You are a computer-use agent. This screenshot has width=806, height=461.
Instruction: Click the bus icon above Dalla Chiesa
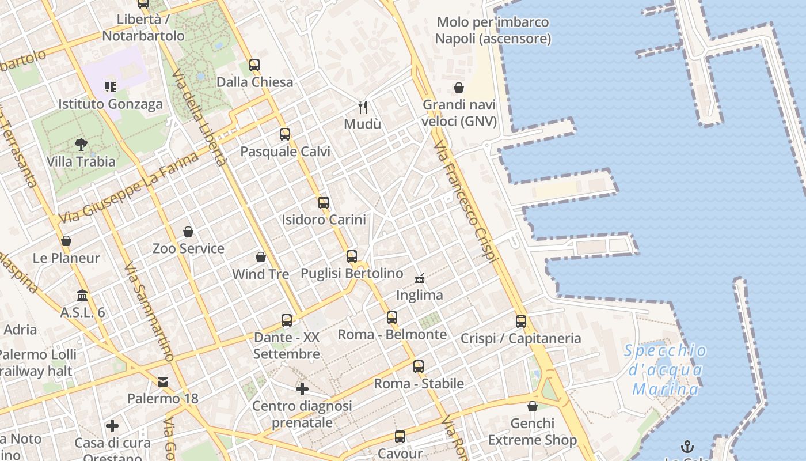254,65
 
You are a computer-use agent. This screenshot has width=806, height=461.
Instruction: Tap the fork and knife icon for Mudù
363,107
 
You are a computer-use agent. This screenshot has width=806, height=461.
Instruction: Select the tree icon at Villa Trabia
81,145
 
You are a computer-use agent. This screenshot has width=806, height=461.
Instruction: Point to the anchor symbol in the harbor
687,447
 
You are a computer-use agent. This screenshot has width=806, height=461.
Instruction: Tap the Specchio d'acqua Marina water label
666,370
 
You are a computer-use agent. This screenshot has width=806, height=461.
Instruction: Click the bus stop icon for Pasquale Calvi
285,134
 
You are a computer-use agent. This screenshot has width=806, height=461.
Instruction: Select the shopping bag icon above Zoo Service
188,232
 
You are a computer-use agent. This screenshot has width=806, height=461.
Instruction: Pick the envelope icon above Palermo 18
163,381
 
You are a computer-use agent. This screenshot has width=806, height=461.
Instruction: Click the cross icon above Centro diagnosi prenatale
302,389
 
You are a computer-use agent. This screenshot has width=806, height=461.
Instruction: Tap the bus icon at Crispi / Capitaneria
521,322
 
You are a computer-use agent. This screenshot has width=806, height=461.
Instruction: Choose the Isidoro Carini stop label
324,220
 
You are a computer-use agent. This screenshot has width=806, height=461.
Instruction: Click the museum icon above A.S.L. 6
83,296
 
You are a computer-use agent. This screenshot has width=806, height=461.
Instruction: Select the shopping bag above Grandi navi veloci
459,88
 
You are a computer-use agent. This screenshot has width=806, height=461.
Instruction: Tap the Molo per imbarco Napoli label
493,31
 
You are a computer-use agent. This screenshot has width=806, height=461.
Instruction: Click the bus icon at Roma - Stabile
419,366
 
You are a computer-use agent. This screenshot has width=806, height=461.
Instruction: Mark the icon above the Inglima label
420,278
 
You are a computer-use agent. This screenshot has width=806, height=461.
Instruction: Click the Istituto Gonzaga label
111,104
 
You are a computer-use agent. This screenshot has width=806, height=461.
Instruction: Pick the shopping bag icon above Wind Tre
261,257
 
